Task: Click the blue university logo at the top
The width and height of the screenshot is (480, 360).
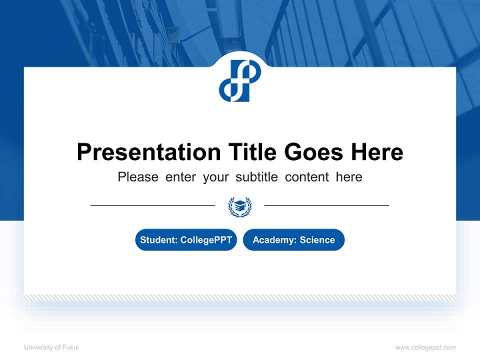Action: coord(240,80)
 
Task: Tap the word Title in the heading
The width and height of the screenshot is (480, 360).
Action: coord(252,152)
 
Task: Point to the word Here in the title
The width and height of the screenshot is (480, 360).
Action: coord(376,152)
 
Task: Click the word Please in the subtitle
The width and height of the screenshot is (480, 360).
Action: coord(138,177)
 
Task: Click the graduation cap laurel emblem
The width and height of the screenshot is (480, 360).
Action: coord(240,206)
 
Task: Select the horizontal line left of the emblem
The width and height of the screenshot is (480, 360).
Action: coord(152,205)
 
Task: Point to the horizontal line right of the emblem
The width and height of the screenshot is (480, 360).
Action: coord(326,205)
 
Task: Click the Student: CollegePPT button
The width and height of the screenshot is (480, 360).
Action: coord(186,240)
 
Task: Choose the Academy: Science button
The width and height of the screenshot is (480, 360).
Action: coord(293,240)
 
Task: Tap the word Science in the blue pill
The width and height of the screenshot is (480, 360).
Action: coord(317,240)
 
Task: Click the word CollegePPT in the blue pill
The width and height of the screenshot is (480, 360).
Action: coord(206,240)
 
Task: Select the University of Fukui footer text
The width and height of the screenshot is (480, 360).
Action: coord(51,347)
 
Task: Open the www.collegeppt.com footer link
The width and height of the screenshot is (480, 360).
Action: coord(425,347)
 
